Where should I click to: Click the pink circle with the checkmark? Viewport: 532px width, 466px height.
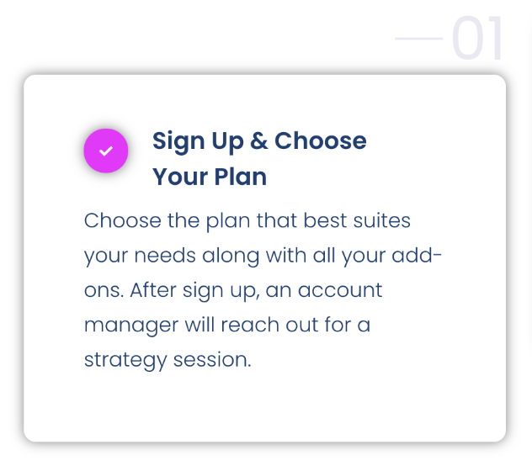pos(106,151)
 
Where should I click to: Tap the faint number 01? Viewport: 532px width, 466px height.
pos(477,38)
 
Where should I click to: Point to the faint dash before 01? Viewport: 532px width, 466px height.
pos(418,39)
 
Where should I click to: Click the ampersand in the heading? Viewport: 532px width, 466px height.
pos(259,140)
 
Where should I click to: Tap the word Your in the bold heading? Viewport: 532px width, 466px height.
pos(180,177)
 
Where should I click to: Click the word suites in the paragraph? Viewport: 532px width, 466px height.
pos(381,220)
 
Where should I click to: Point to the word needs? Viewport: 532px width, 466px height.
pos(165,256)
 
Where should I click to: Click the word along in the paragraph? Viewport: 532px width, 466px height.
pos(231,257)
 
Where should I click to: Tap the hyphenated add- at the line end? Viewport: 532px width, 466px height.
pos(417,256)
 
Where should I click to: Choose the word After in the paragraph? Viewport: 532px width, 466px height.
pos(153,290)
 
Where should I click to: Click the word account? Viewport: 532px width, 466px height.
pos(340,291)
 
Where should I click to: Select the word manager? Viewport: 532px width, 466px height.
pos(131,326)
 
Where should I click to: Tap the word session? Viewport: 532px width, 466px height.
pos(212,359)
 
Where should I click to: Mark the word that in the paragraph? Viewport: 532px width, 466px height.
pos(276,220)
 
